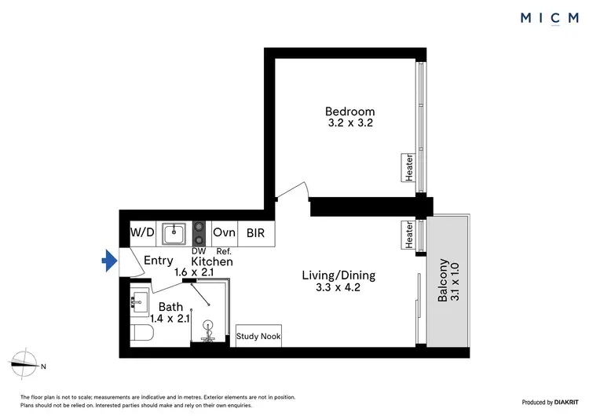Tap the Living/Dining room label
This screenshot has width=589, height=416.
[x=338, y=276]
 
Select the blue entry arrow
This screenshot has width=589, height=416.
[x=108, y=259]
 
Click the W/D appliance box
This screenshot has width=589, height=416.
[x=141, y=232]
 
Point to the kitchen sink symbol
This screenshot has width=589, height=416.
[x=174, y=232]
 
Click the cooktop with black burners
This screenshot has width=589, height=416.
[x=200, y=232]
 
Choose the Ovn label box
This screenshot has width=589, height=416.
[x=225, y=232]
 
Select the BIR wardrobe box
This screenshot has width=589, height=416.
[x=256, y=232]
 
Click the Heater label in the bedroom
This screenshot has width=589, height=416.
[x=409, y=168]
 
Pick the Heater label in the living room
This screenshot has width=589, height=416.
[x=409, y=235]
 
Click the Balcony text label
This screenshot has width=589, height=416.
[x=444, y=281]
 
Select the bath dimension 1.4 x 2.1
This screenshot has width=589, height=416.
[x=169, y=318]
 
